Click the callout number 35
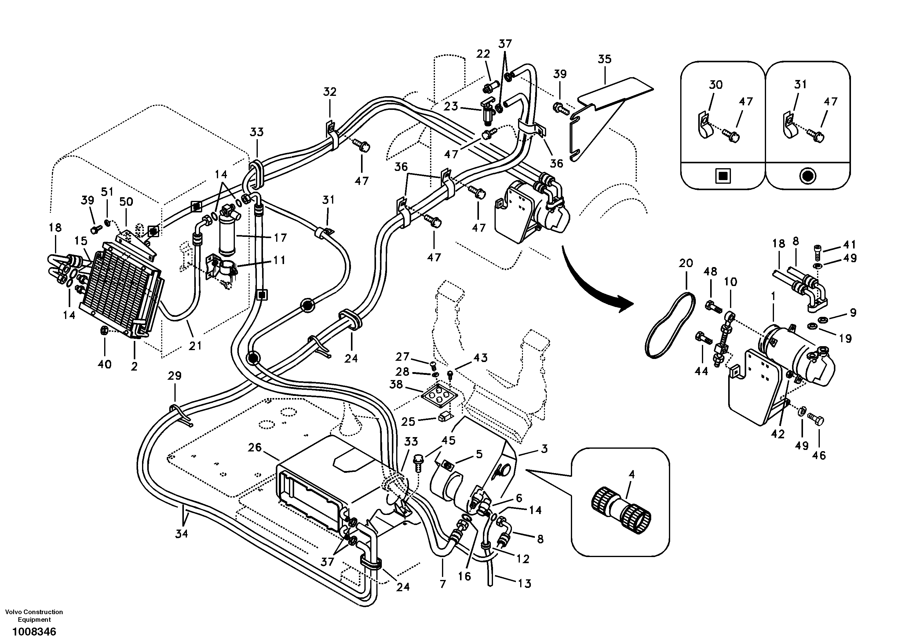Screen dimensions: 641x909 pos(604,59)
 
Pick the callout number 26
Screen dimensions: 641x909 pos(255,447)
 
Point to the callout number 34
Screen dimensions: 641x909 pos(182,534)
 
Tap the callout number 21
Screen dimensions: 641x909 pos(195,346)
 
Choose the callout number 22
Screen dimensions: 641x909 pos(483,54)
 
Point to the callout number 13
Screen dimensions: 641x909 pos(524,584)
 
